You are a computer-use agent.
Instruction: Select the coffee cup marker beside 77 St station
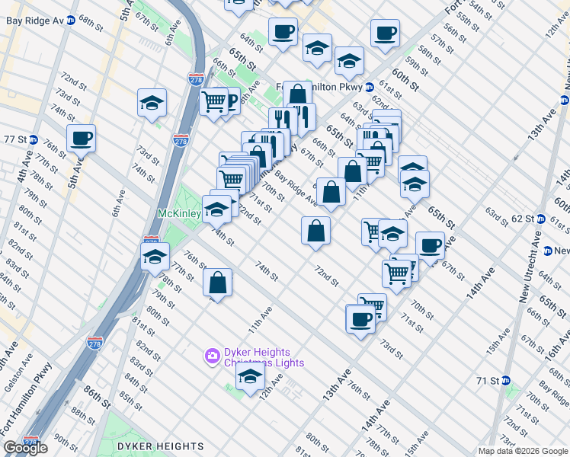tap(81, 139)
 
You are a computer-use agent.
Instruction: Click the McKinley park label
tap(179, 213)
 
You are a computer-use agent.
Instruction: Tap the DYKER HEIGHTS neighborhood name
tap(160, 446)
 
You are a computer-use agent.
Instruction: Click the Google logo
tap(26, 448)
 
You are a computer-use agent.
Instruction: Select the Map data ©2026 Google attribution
tap(523, 451)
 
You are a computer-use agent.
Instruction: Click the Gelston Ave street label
tap(15, 379)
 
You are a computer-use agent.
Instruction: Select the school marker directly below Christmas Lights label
tap(249, 378)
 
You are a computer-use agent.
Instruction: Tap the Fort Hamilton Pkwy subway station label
tap(324, 87)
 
